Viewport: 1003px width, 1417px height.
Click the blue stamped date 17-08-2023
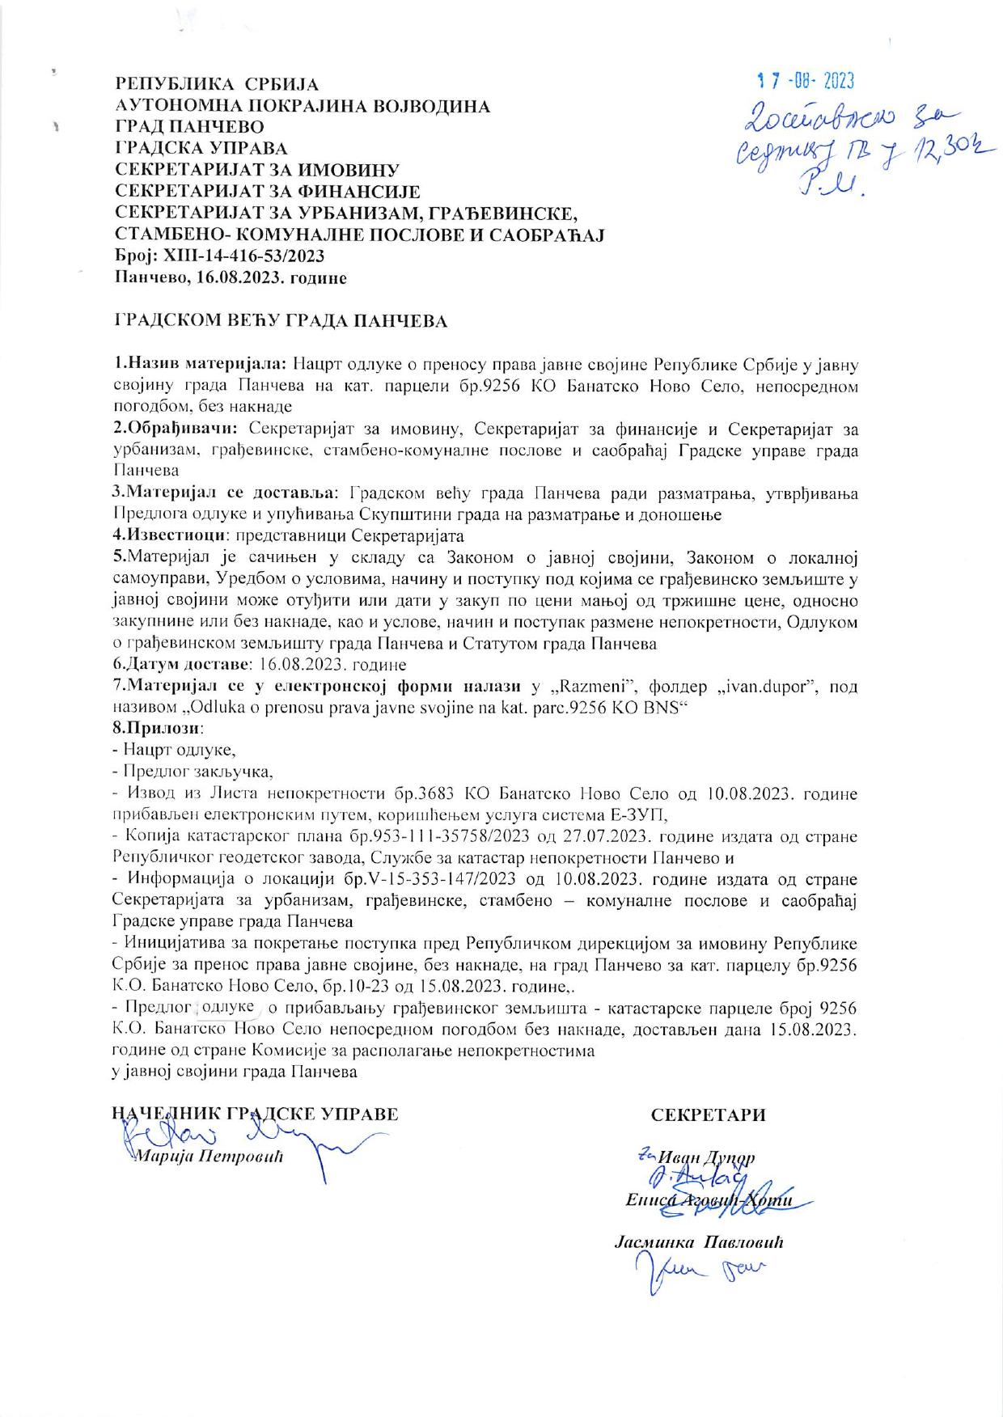[805, 81]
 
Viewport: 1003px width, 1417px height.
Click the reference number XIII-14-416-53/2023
[243, 256]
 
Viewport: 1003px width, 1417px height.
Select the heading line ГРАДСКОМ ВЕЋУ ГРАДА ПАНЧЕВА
[280, 321]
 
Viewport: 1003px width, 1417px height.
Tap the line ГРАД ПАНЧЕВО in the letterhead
[190, 127]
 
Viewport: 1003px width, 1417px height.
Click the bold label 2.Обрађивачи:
[177, 427]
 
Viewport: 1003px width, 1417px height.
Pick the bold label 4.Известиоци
[168, 535]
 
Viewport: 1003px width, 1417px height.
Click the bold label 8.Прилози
[149, 727]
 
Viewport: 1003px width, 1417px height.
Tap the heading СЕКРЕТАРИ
[709, 1115]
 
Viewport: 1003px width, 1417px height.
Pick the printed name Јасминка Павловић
[700, 1241]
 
